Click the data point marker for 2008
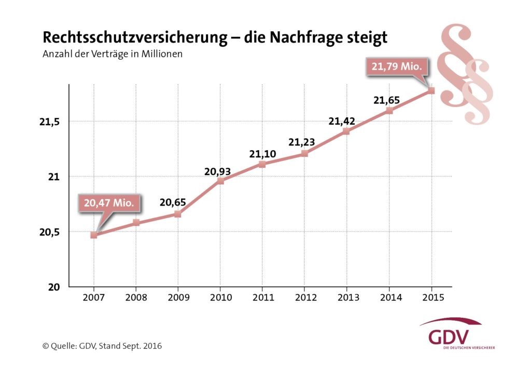tap(136, 223)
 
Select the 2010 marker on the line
tap(220, 181)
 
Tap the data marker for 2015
tap(431, 91)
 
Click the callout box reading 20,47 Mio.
tap(110, 203)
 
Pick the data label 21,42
tap(342, 121)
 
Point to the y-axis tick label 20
tap(54, 287)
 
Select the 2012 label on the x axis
tap(304, 298)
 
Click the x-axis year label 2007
tap(94, 298)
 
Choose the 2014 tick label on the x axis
tap(389, 298)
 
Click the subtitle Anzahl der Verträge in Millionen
tap(113, 53)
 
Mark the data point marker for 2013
tap(346, 131)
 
